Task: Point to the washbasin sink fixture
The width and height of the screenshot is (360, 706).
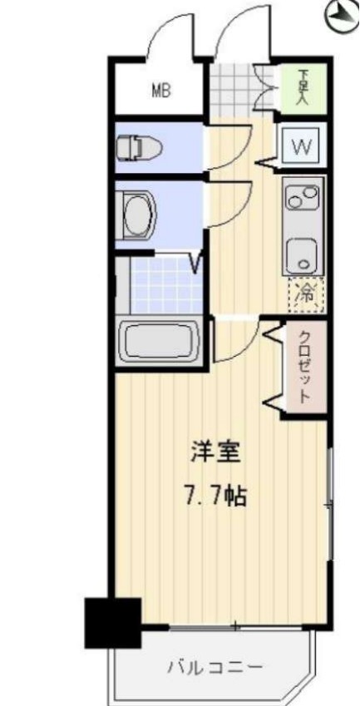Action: (137, 214)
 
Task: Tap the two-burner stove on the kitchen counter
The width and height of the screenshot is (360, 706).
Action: (300, 198)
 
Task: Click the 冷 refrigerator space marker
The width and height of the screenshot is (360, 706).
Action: (305, 291)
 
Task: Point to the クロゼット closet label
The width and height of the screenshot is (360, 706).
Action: (304, 367)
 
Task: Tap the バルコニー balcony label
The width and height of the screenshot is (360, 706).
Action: (215, 667)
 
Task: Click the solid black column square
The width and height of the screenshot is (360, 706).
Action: (113, 622)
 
